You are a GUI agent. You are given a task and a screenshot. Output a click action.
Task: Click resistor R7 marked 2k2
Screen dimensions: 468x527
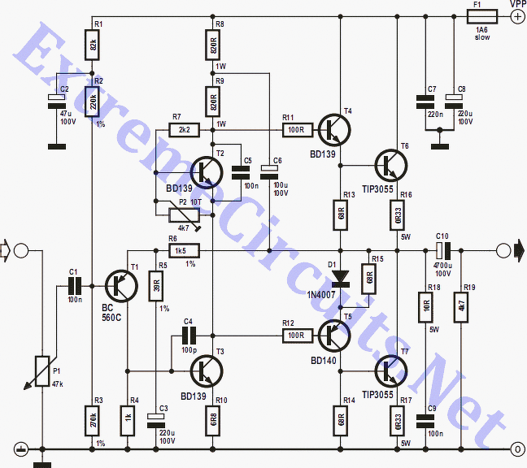click(x=182, y=128)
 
